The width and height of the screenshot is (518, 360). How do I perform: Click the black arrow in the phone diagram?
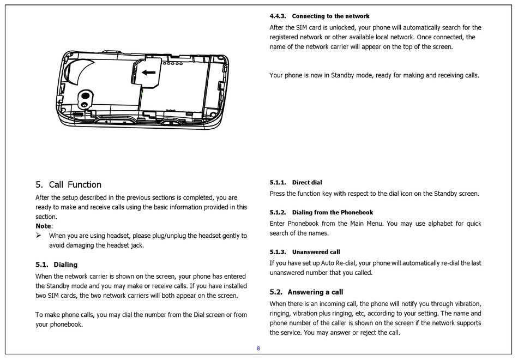(x=149, y=72)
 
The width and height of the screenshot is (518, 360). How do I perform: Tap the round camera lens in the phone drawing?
(x=86, y=96)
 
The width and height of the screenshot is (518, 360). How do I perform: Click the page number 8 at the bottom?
(x=258, y=348)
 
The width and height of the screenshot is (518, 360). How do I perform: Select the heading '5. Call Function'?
(x=68, y=184)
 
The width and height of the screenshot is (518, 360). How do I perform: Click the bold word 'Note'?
(x=44, y=226)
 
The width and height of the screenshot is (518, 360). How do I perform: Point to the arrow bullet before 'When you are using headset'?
(x=39, y=236)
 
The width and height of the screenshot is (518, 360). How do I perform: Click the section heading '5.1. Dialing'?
(x=57, y=265)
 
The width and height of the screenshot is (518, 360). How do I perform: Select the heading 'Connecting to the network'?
(x=330, y=16)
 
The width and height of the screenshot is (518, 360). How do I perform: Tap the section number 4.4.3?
(x=278, y=16)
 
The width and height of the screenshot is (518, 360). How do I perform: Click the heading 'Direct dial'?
(x=307, y=183)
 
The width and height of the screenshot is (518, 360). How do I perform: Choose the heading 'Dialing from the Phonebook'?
(x=333, y=213)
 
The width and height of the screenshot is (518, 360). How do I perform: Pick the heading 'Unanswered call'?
(x=316, y=252)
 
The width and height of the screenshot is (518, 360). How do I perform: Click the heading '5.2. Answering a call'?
(x=306, y=292)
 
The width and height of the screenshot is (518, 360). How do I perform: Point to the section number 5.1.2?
(x=278, y=213)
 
